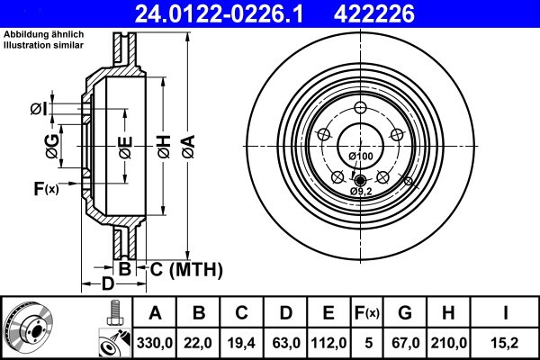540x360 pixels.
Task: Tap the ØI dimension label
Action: [x=39, y=110]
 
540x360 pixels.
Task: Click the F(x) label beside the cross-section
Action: [x=46, y=188]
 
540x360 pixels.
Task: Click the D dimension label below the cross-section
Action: [x=107, y=284]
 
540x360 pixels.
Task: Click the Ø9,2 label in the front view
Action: [x=361, y=191]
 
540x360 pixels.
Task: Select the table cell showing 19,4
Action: [x=241, y=342]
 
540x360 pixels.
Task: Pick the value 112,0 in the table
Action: [x=328, y=342]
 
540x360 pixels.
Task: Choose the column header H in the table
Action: [x=447, y=312]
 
